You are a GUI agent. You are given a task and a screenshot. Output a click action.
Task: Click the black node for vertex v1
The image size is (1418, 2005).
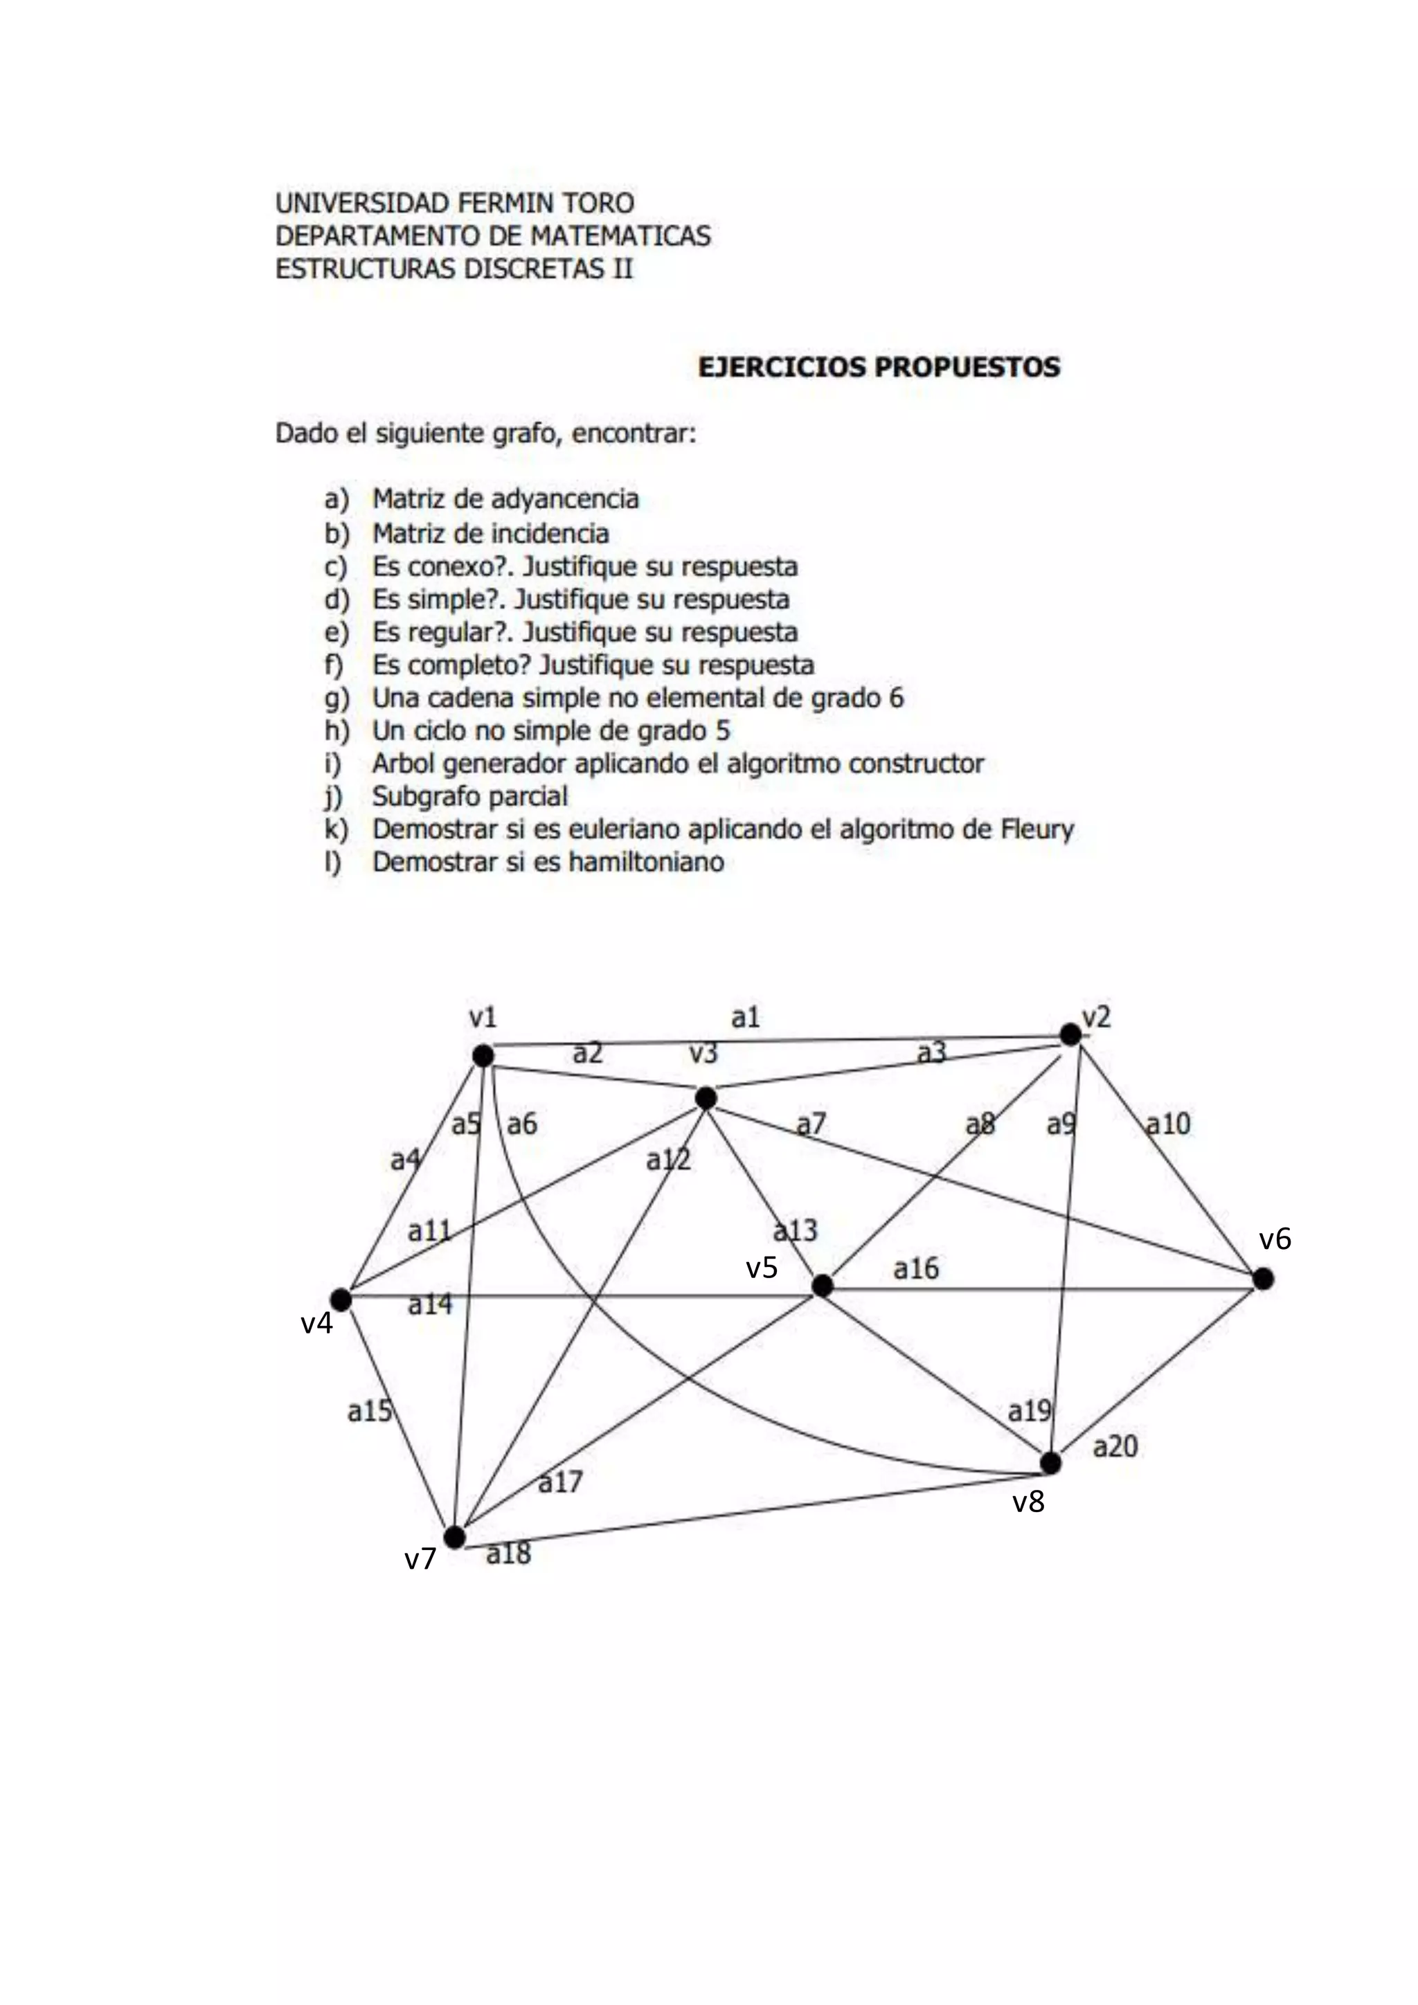[483, 1056]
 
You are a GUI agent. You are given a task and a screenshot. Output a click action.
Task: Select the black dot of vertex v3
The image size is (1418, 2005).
[706, 1097]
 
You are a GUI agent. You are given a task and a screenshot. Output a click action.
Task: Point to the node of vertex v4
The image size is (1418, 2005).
[341, 1300]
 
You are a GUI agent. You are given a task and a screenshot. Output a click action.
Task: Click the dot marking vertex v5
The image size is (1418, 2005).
[822, 1286]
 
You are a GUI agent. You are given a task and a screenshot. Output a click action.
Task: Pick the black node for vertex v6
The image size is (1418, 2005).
[1263, 1279]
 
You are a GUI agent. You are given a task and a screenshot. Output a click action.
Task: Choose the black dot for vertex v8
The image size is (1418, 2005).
[1050, 1463]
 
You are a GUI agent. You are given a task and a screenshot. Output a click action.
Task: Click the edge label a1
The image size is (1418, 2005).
[746, 1017]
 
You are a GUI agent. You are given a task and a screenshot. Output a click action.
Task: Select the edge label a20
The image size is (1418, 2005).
[1115, 1447]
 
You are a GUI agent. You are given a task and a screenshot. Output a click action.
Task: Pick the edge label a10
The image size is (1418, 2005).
[1167, 1124]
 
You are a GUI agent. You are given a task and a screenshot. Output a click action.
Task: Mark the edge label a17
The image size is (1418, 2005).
[559, 1482]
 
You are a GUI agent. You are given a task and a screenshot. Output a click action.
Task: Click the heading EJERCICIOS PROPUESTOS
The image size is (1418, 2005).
[879, 367]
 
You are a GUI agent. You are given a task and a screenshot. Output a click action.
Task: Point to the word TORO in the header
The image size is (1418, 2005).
[598, 204]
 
